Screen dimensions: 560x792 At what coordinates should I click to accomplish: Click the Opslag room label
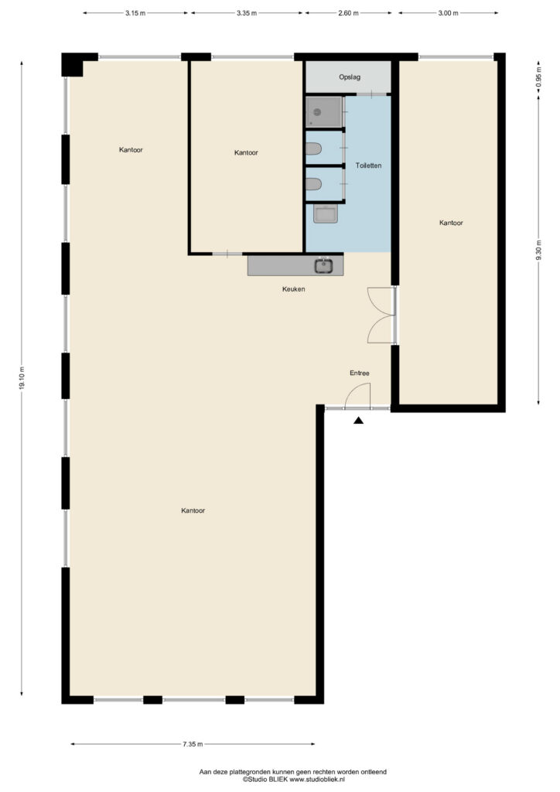tap(350, 77)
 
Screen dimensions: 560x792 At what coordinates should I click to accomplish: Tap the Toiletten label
tap(368, 166)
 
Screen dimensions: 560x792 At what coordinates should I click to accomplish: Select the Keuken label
tap(293, 289)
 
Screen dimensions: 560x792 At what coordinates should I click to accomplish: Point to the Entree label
tap(360, 373)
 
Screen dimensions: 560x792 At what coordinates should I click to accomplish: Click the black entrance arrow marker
tap(359, 420)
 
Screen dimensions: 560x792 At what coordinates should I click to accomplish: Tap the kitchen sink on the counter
tap(323, 265)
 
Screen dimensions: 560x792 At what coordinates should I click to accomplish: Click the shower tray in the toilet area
tap(323, 111)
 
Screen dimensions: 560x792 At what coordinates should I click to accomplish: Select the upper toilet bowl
tap(313, 148)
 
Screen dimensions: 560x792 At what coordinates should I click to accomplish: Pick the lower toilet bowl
tap(313, 184)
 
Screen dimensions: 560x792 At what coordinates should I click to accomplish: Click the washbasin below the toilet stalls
tap(326, 213)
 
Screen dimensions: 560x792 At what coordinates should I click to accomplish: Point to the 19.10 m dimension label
tap(21, 378)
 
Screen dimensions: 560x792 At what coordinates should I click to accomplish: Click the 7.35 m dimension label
tap(193, 743)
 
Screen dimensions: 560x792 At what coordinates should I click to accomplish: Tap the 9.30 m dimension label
tap(538, 250)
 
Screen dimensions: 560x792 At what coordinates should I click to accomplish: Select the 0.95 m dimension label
tap(538, 77)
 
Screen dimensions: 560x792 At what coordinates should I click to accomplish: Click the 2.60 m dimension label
tap(348, 13)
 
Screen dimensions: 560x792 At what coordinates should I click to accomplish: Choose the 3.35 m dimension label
tap(247, 13)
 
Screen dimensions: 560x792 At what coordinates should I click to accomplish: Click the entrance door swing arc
tap(353, 390)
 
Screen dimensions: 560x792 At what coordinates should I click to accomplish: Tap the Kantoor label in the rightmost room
tap(451, 222)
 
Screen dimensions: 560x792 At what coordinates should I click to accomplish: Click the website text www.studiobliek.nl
tap(317, 779)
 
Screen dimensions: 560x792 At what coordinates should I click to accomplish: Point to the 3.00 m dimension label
tap(448, 13)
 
